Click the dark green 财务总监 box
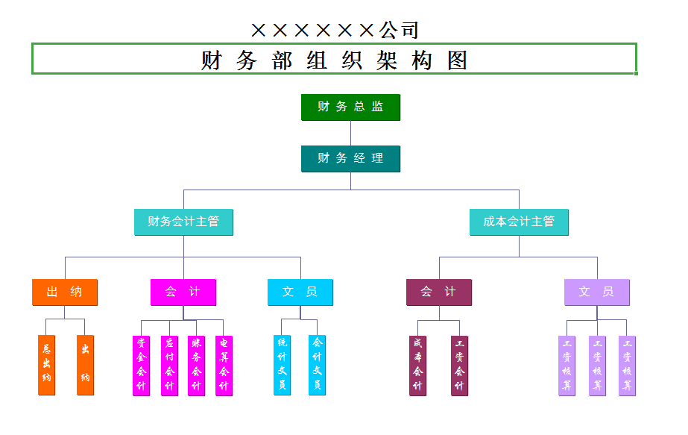point(350,107)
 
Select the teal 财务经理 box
point(350,158)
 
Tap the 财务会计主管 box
point(183,222)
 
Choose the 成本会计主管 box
point(519,222)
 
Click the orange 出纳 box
point(65,292)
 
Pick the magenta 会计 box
point(183,292)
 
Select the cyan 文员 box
point(300,292)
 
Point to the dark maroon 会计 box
point(439,292)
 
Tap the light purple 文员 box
point(597,292)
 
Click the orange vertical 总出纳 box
point(47,365)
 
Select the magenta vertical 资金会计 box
point(142,365)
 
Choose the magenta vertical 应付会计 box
point(169,365)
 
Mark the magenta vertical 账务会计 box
point(197,365)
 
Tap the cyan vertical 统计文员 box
point(283,365)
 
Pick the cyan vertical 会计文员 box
point(318,365)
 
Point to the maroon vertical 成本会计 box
point(418,365)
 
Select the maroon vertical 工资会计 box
point(460,365)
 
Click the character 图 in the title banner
point(458,60)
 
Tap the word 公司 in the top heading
point(399,30)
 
